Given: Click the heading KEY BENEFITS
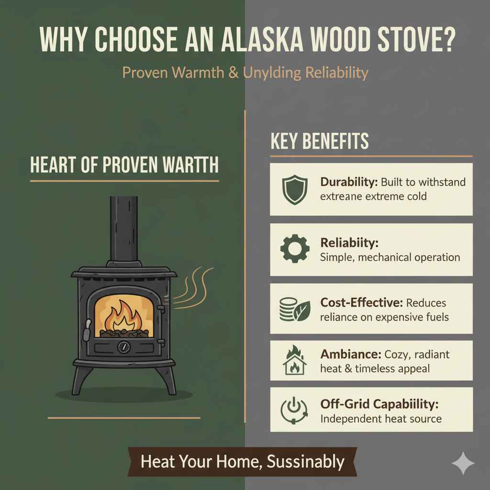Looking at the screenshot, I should (320, 142).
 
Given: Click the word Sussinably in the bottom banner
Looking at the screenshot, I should (306, 462).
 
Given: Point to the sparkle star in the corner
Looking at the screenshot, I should (463, 463).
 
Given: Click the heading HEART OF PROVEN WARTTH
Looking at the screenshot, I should (124, 165).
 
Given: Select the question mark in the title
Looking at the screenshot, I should (448, 47).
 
